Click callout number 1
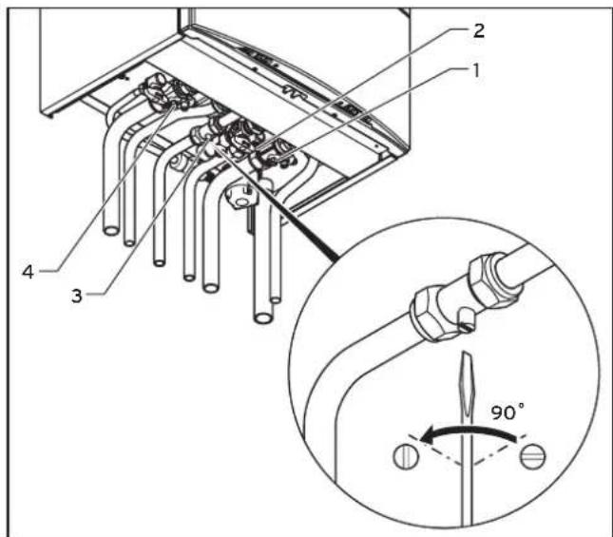click(475, 71)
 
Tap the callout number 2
click(478, 30)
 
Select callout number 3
click(77, 296)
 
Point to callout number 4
click(28, 272)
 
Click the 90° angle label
click(508, 412)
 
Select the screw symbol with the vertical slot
click(406, 456)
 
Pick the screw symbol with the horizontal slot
click(532, 456)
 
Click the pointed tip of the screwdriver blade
click(466, 353)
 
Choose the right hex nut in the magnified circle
click(489, 278)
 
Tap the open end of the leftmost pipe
click(111, 231)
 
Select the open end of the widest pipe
click(264, 316)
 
